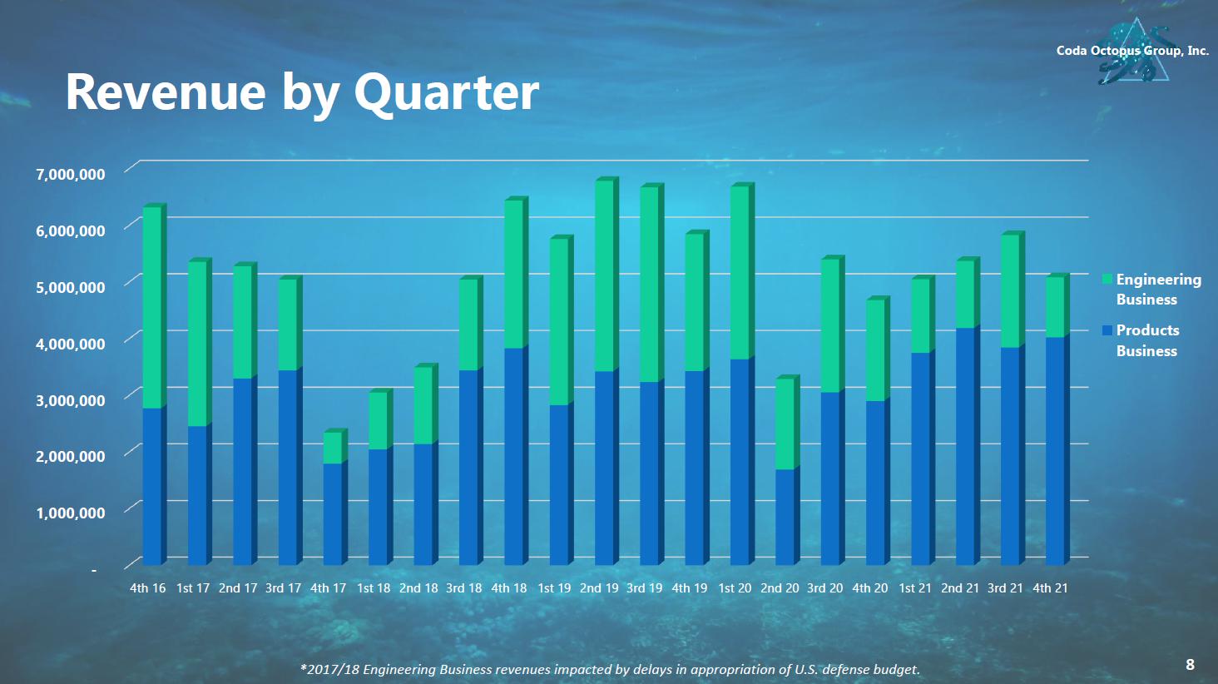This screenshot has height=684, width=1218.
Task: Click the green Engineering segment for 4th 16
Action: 152,307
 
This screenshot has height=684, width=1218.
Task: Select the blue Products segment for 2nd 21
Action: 965,446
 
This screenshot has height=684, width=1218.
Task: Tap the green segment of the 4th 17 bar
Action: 333,448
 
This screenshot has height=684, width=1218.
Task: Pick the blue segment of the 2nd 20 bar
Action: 785,517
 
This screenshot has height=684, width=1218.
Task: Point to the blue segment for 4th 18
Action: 514,456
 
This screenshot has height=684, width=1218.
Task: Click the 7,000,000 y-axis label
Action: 70,174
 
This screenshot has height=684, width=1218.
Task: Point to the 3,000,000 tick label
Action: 70,400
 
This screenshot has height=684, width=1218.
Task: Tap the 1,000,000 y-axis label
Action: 70,513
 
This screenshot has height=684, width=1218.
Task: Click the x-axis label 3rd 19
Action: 644,588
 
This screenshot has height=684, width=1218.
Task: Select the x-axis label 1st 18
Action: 374,588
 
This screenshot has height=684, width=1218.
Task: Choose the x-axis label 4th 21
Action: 1050,588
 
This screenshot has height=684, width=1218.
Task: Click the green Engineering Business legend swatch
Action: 1107,280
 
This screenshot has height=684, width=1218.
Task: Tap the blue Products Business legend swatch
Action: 1107,330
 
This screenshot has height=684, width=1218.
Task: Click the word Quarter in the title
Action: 446,92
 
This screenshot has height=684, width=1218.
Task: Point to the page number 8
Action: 1190,664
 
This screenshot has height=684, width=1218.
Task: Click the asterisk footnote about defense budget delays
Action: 610,669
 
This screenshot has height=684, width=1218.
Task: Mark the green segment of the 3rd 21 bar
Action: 1010,291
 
